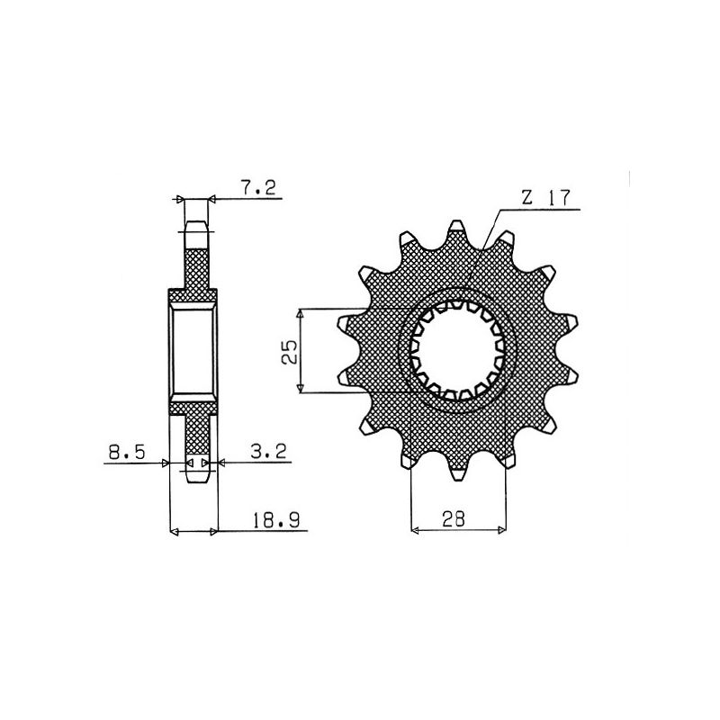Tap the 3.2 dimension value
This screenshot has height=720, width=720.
coord(269,454)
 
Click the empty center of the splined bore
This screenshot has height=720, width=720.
coord(458,351)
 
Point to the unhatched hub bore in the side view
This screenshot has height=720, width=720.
coord(193,351)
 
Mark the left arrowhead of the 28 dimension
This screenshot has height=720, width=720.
coord(415,531)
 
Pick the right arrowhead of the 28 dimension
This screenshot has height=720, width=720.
coord(501,531)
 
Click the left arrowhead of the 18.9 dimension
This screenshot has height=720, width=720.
coord(175,533)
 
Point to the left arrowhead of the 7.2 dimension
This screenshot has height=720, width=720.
coord(179,199)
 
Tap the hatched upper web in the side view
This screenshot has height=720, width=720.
coord(195,266)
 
